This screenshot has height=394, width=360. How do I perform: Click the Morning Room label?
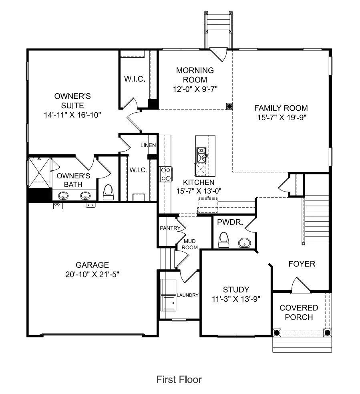pyautogui.click(x=195, y=75)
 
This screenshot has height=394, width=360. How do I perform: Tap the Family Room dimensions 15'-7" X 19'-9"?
pyautogui.click(x=282, y=117)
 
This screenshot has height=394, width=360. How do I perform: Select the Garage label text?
pyautogui.click(x=93, y=265)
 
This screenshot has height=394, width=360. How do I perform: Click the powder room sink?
pyautogui.click(x=245, y=243)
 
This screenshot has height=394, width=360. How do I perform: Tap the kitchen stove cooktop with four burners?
pyautogui.click(x=166, y=174)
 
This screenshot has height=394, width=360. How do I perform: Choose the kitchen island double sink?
pyautogui.click(x=201, y=155)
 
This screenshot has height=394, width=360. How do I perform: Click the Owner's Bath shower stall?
pyautogui.click(x=39, y=173)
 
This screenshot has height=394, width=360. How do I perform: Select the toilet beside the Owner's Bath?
pyautogui.click(x=109, y=192)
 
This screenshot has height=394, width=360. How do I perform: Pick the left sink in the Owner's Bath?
pyautogui.click(x=63, y=196)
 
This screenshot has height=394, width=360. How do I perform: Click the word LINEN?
pyautogui.click(x=148, y=145)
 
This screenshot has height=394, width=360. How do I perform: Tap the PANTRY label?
pyautogui.click(x=170, y=228)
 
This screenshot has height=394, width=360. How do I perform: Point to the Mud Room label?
pyautogui.click(x=190, y=244)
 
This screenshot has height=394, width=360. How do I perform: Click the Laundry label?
pyautogui.click(x=187, y=295)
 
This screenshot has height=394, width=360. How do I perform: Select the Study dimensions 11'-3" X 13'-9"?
pyautogui.click(x=236, y=299)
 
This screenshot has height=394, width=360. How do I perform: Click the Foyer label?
pyautogui.click(x=302, y=264)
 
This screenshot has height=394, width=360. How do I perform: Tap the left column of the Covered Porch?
pyautogui.click(x=276, y=333)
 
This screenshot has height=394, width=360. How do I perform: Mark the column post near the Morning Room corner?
pyautogui.click(x=229, y=106)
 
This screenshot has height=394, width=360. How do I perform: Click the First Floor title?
pyautogui.click(x=179, y=380)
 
